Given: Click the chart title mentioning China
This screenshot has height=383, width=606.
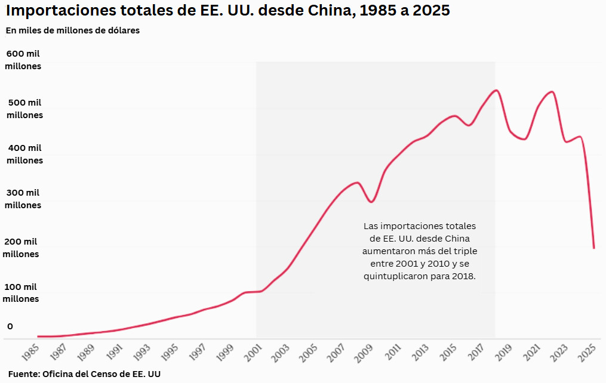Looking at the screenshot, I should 227,11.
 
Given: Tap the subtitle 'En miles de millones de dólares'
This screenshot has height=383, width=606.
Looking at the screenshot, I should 72,30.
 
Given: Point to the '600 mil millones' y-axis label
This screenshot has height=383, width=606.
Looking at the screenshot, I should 23,60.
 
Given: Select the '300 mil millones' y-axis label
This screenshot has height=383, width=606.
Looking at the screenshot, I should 23,199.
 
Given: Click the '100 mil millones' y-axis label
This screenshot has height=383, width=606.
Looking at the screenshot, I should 21,292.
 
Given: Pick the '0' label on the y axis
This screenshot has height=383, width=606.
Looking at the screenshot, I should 10,326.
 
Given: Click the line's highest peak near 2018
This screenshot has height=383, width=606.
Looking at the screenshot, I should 496,90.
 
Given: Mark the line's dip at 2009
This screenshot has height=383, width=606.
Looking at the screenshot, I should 371,202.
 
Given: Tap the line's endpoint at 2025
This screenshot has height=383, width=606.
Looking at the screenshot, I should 593,248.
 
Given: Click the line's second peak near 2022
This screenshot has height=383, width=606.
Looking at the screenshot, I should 551,92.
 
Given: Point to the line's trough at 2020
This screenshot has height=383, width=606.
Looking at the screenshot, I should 524,139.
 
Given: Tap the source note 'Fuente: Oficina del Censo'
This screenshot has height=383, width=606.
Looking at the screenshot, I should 83,374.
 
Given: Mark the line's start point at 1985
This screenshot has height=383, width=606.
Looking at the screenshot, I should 38,336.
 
